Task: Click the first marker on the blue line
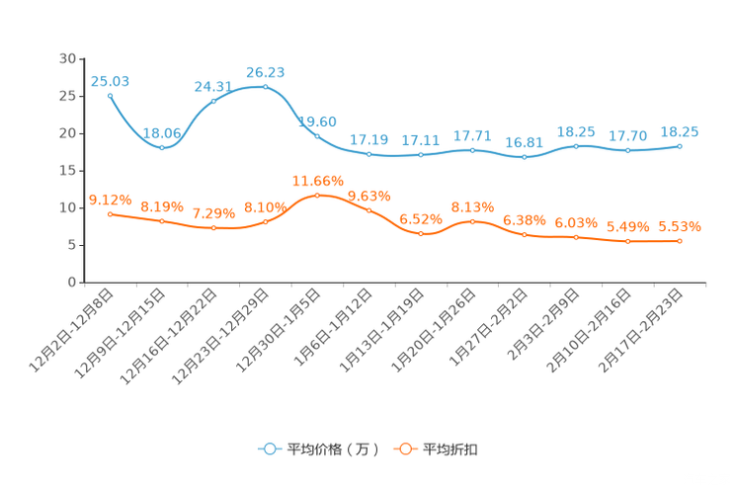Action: coord(110,95)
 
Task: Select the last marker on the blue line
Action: coord(680,146)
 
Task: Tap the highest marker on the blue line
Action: coord(265,87)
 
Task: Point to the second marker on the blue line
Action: coord(162,148)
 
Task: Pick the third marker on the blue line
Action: coord(213,100)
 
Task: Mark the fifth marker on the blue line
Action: coord(317,136)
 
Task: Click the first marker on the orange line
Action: coord(110,212)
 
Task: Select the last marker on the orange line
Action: coord(680,240)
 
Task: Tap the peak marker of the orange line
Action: coord(317,195)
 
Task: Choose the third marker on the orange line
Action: coord(213,227)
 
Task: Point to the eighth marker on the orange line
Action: coord(472,220)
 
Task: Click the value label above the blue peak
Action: coord(265,71)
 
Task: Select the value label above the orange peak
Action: coord(317,180)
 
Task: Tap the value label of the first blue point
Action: coord(110,80)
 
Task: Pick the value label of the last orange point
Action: coord(680,226)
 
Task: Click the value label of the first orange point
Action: coord(110,199)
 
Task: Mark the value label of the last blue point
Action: coord(680,132)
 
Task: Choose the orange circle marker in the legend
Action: coord(404,449)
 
